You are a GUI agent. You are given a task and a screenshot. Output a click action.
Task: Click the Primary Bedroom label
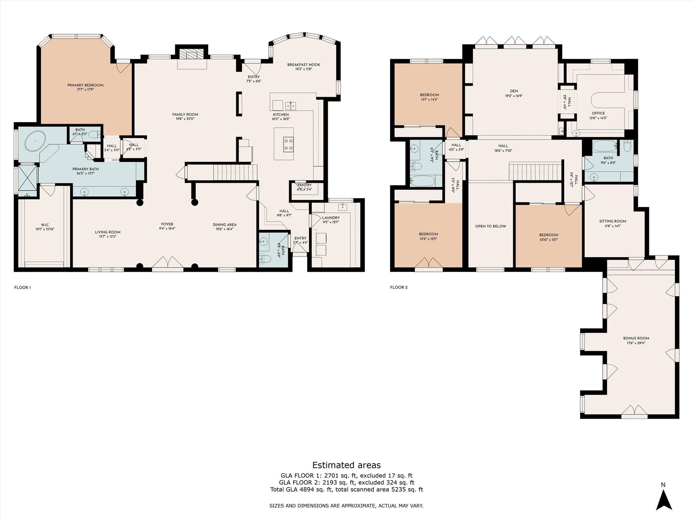85,85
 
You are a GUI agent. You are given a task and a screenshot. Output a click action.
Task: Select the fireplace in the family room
192,55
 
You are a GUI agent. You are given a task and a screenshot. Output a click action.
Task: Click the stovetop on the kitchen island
288,144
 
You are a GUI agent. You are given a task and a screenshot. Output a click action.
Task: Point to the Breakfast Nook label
304,65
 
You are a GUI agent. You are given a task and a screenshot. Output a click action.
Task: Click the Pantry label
304,185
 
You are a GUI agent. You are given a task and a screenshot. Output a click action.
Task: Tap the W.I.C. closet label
45,225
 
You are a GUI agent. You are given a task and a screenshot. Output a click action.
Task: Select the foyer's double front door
167,263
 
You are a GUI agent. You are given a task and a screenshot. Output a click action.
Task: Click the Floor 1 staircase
222,172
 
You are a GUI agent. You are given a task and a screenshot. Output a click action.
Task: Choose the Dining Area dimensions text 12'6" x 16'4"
224,229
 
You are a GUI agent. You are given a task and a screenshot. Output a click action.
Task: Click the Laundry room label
331,218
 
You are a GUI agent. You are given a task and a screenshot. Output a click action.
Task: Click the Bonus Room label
636,338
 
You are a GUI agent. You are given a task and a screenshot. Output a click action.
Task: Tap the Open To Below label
490,226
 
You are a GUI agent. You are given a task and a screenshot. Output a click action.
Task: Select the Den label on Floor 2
514,91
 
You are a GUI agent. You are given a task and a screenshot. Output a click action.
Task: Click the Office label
598,113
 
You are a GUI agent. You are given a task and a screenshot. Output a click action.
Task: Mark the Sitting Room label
612,221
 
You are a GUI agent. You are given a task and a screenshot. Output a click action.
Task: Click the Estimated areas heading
346,465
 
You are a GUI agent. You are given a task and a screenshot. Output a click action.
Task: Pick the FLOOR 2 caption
399,287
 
